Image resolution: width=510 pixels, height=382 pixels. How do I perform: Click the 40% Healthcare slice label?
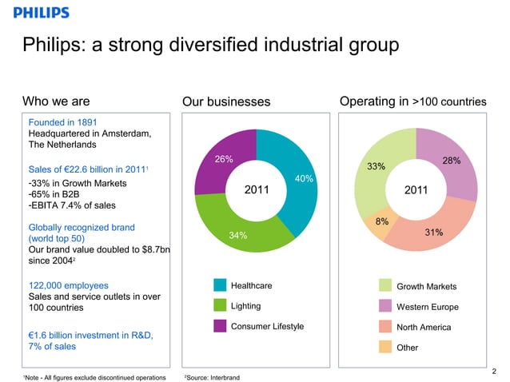[x=304, y=178]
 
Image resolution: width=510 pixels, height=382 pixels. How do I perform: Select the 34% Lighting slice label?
[x=237, y=235]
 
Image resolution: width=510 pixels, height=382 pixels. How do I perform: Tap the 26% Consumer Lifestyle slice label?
[x=224, y=159]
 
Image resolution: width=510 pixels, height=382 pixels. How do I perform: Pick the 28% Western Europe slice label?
[x=451, y=161]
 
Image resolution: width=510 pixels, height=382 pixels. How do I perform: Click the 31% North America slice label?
[x=434, y=233]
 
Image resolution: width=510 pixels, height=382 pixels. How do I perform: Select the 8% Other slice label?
[x=382, y=221]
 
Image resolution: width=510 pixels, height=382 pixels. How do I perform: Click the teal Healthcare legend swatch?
[x=221, y=286]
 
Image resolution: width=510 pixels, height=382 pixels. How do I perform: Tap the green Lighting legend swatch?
[x=221, y=306]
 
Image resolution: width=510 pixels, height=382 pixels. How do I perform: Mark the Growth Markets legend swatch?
[x=385, y=286]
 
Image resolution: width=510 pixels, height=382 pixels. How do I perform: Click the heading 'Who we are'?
[x=55, y=101]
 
